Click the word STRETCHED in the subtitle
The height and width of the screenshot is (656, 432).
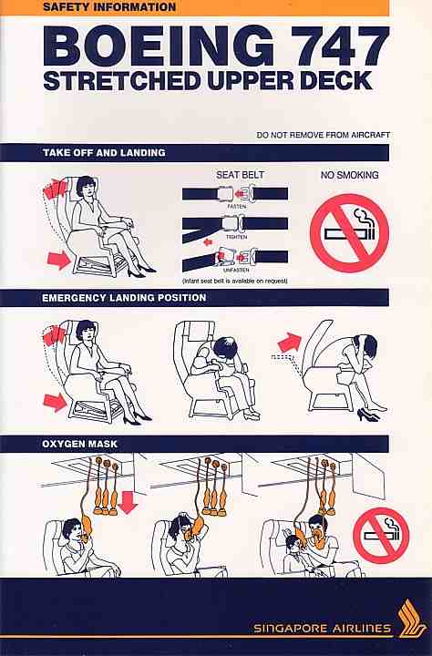coord(122,81)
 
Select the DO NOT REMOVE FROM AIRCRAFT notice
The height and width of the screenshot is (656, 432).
coord(324,135)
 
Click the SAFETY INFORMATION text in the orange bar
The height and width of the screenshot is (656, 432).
coord(109,7)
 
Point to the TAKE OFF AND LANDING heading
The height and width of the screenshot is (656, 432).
coord(104,153)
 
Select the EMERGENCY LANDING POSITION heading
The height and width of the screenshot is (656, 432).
coord(124,298)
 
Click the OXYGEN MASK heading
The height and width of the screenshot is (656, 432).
coord(79,444)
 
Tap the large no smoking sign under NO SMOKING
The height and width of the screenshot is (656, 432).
coord(350,233)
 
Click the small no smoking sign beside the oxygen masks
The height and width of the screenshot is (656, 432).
coord(381,535)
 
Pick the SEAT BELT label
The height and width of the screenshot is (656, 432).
coord(240,175)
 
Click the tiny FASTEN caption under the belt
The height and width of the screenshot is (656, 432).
coord(237,206)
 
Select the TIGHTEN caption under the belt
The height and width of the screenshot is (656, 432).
coord(237,237)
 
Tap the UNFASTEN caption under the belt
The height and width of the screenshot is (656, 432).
coord(237,270)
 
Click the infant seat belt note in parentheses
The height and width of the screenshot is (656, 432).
coord(235,281)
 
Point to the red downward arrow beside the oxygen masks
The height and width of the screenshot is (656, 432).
coord(128,501)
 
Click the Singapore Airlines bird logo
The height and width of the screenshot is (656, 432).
coord(411,619)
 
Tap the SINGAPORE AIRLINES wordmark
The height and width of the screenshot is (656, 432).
coord(322,628)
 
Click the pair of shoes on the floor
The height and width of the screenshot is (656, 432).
coord(368,415)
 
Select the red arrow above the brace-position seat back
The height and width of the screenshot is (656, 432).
coord(290,343)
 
